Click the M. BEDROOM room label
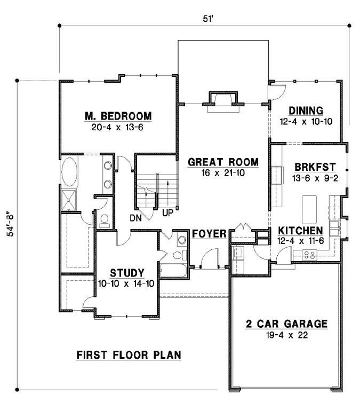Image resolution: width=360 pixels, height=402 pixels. pos(118,116)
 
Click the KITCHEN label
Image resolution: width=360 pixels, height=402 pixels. pos(300,231)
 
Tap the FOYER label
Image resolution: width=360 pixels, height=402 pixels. pos(210,234)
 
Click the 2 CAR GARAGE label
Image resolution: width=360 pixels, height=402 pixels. pos(286,324)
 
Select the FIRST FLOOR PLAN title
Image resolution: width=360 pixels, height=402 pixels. pos(129,354)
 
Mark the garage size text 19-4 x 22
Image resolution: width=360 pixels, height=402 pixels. pos(286,335)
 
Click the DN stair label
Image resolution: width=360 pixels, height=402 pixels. pos(135,218)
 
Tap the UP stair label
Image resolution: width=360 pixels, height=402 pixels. pos(167,214)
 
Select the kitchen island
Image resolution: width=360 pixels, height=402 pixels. pos(309,209)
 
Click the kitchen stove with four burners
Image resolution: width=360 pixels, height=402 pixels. pos(309,255)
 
